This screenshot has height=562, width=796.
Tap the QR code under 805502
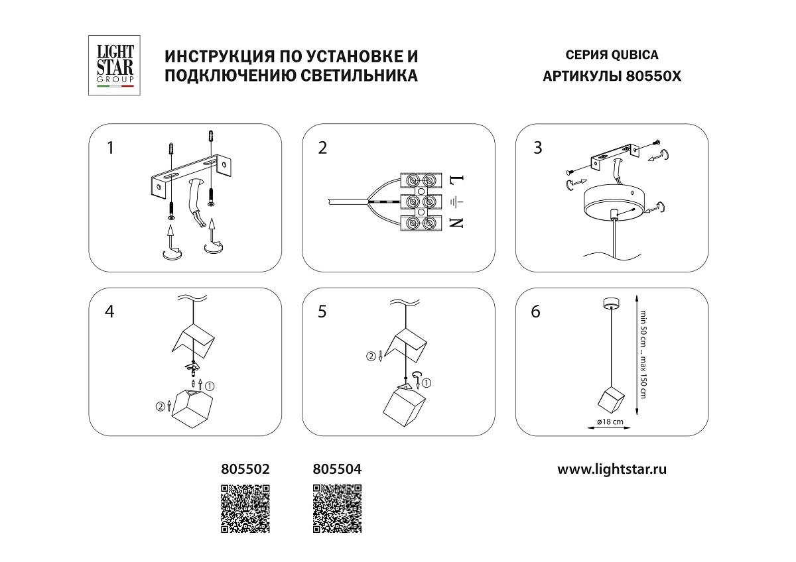(245, 509)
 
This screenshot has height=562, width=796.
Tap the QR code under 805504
(337, 509)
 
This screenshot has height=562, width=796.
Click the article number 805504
(337, 469)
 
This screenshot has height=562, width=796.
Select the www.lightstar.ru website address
(612, 469)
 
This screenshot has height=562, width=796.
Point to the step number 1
(111, 148)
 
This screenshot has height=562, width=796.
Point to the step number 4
(111, 311)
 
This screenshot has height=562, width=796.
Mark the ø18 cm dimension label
(610, 421)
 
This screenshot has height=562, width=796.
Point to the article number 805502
(245, 469)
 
